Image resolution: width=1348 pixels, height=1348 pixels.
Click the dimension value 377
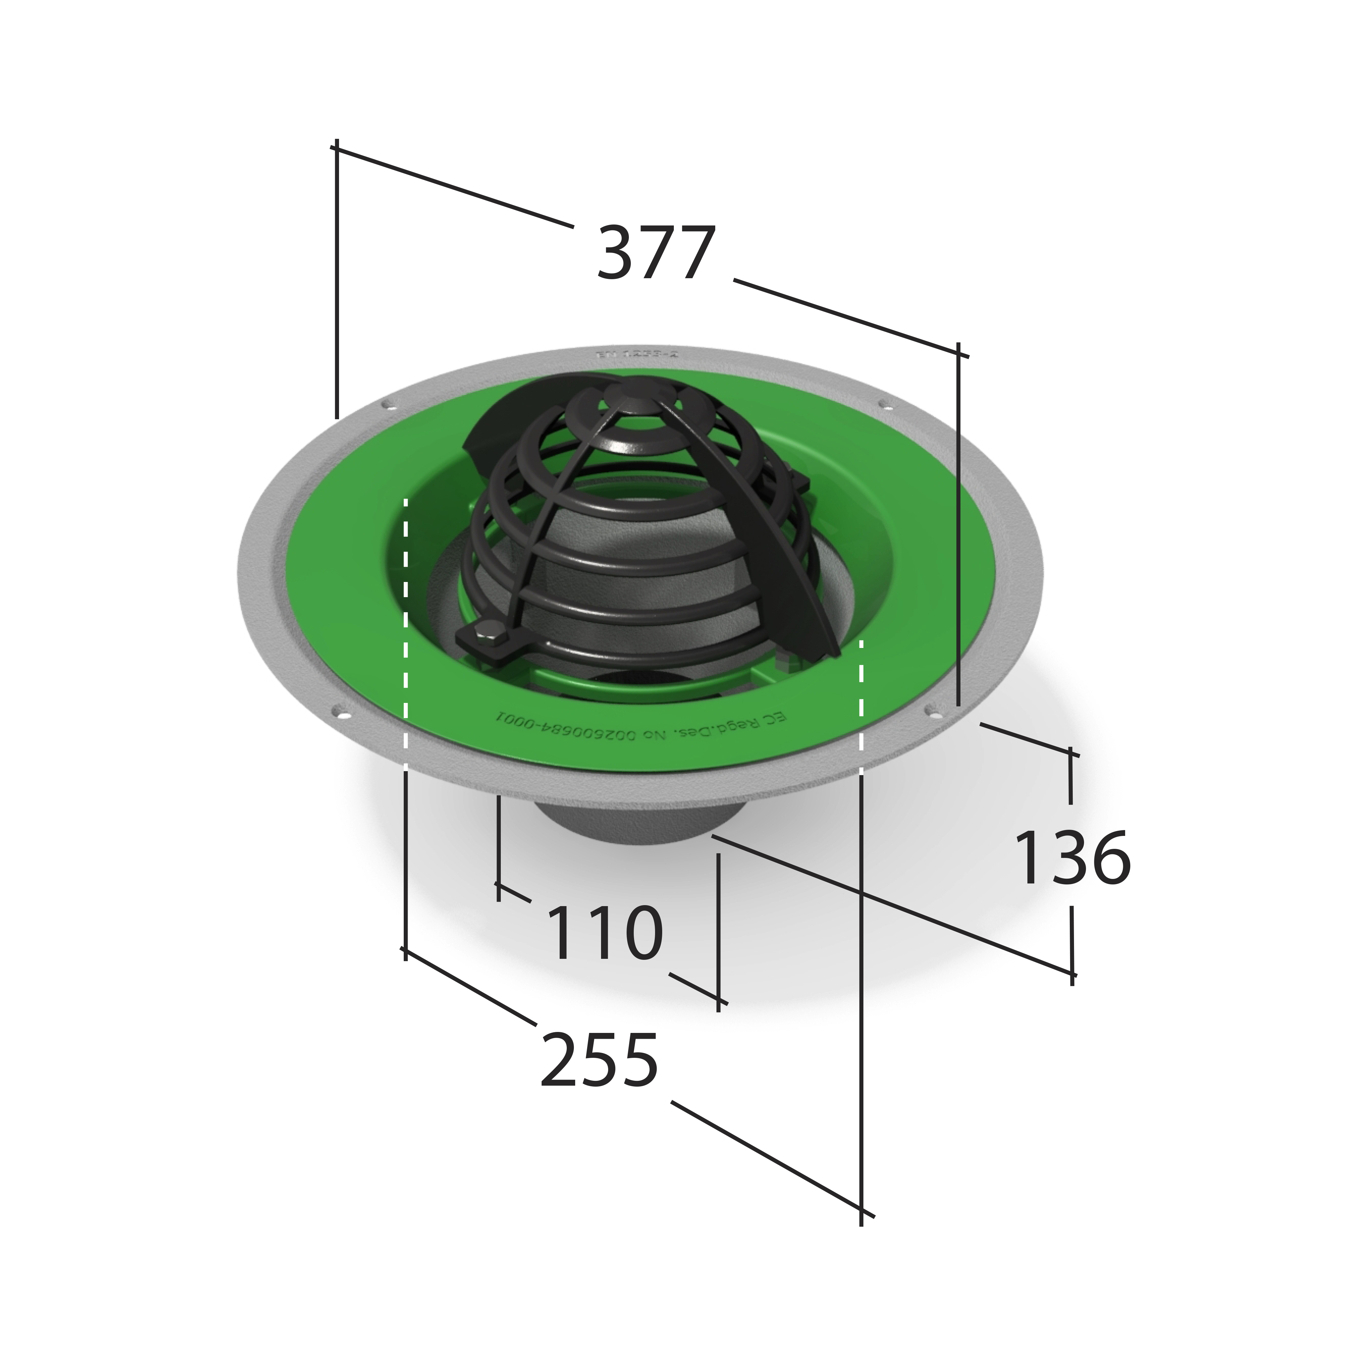656,253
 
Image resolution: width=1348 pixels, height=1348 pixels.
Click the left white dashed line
405,628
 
